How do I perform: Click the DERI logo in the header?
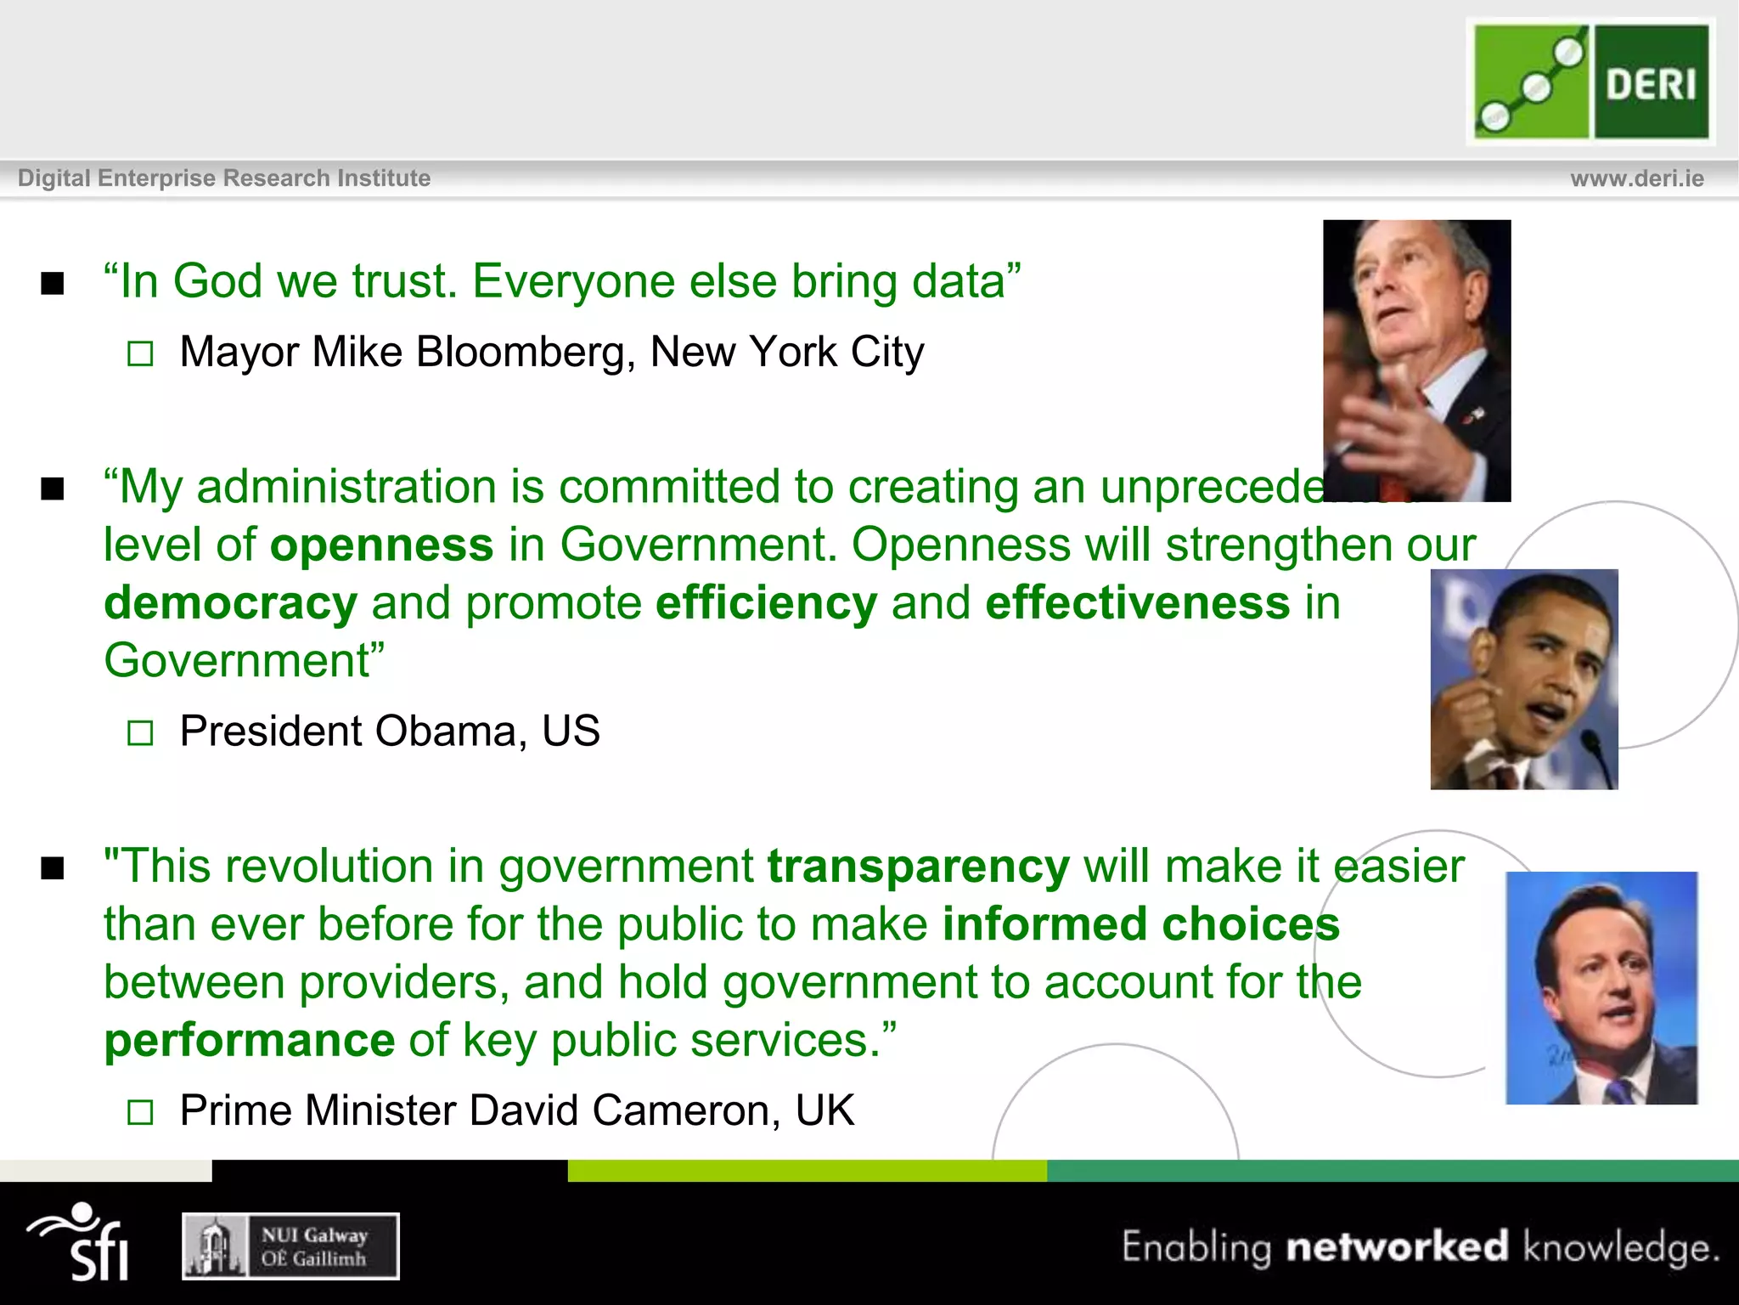pyautogui.click(x=1590, y=82)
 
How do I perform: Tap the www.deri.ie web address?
pyautogui.click(x=1636, y=178)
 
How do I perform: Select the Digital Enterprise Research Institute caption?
pyautogui.click(x=224, y=178)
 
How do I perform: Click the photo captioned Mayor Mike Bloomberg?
pyautogui.click(x=1416, y=360)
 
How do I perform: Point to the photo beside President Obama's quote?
pyautogui.click(x=1523, y=679)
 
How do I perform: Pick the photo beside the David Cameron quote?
pyautogui.click(x=1601, y=987)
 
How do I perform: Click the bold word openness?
pyautogui.click(x=381, y=545)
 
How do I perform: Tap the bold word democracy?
pyautogui.click(x=230, y=603)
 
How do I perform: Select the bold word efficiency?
pyautogui.click(x=766, y=603)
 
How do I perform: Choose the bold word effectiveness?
pyautogui.click(x=1137, y=603)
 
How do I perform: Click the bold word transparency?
pyautogui.click(x=918, y=867)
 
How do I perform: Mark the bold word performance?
pyautogui.click(x=249, y=1041)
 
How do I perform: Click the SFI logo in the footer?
pyautogui.click(x=81, y=1242)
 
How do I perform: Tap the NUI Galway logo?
pyautogui.click(x=290, y=1246)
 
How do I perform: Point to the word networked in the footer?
pyautogui.click(x=1397, y=1246)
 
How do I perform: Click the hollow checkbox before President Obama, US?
pyautogui.click(x=140, y=732)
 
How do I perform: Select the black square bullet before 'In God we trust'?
pyautogui.click(x=53, y=283)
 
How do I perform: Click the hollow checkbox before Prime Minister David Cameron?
pyautogui.click(x=140, y=1112)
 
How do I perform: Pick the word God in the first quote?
pyautogui.click(x=217, y=281)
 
